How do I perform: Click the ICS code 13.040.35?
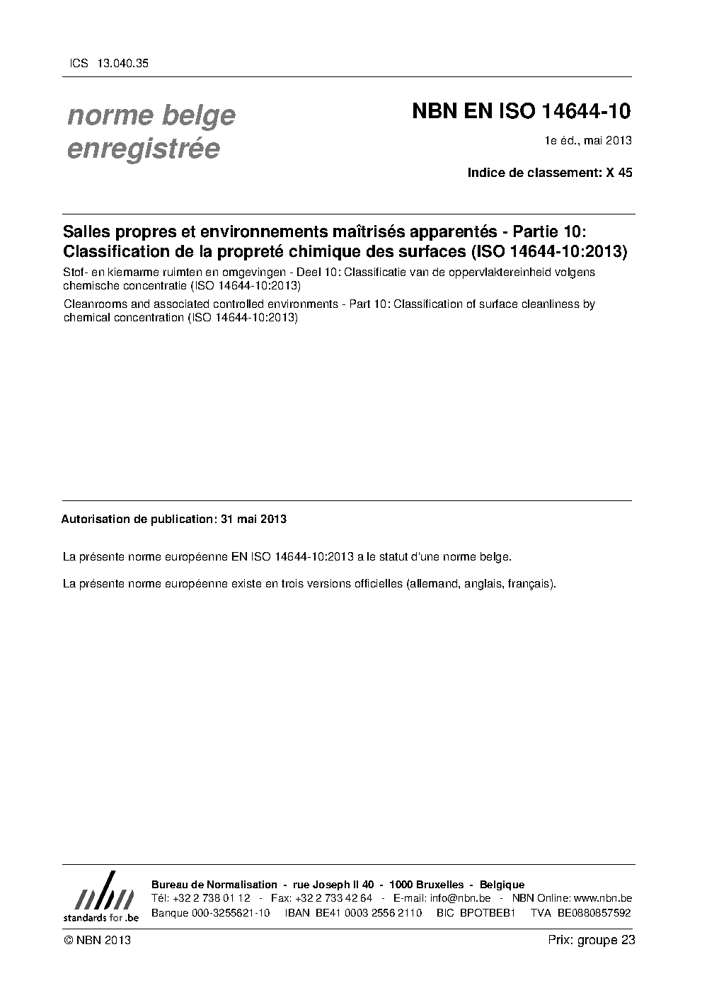(124, 63)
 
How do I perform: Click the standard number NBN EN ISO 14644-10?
(522, 113)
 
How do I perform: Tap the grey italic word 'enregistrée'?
(143, 149)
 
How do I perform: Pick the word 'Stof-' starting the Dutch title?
(76, 272)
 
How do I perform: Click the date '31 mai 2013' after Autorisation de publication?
(253, 519)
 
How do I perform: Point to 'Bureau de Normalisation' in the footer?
(214, 885)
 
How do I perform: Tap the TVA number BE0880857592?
(594, 913)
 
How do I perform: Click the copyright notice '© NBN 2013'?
(97, 940)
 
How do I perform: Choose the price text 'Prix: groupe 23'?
(591, 940)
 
